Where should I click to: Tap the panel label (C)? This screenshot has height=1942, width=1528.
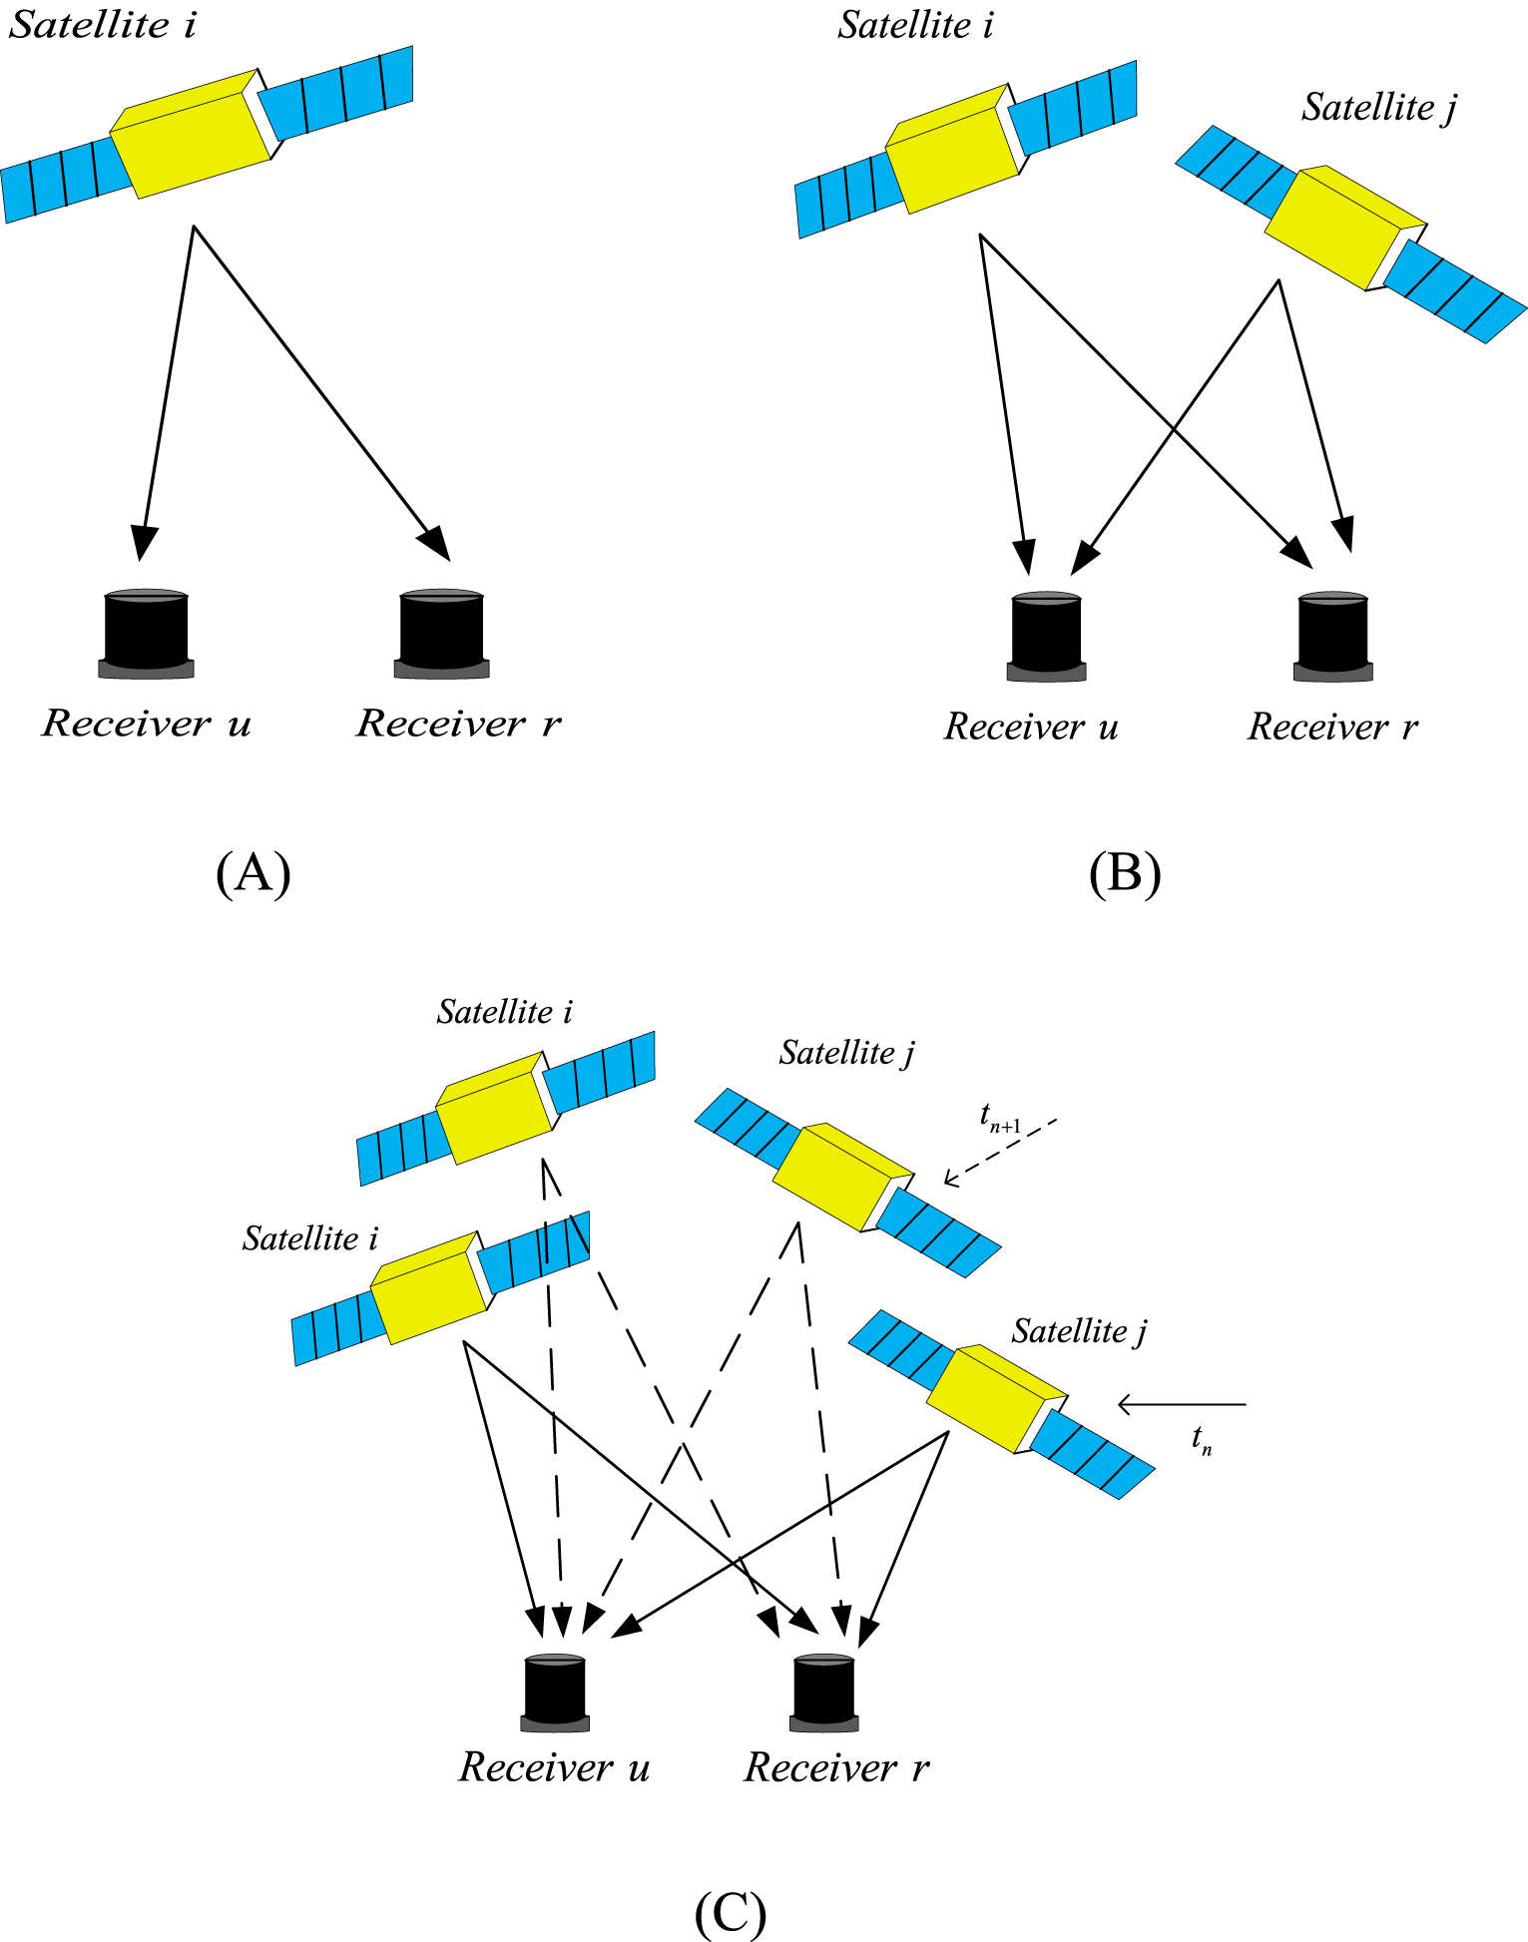(x=730, y=1912)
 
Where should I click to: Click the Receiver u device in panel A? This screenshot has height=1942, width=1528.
(x=147, y=634)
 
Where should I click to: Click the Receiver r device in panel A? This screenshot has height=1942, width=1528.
(x=441, y=634)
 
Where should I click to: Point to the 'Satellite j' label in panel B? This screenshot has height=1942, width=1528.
(x=1378, y=107)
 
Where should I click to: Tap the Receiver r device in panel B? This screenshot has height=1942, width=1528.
(x=1332, y=637)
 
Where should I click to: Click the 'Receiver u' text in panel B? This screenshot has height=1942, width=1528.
(x=1030, y=727)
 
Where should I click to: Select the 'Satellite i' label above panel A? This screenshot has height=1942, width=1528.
(x=102, y=25)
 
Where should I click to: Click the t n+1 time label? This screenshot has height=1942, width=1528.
(x=999, y=1118)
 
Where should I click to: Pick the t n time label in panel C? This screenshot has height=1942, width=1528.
(x=1202, y=1439)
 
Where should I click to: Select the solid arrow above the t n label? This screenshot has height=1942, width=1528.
(x=1182, y=1404)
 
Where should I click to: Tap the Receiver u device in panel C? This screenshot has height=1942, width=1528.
(x=555, y=1693)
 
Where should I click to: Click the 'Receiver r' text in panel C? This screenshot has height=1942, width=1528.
(x=836, y=1767)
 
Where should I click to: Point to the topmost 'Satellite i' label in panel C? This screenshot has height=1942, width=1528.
(x=504, y=1012)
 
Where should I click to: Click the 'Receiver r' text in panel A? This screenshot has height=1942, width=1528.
(x=458, y=723)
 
